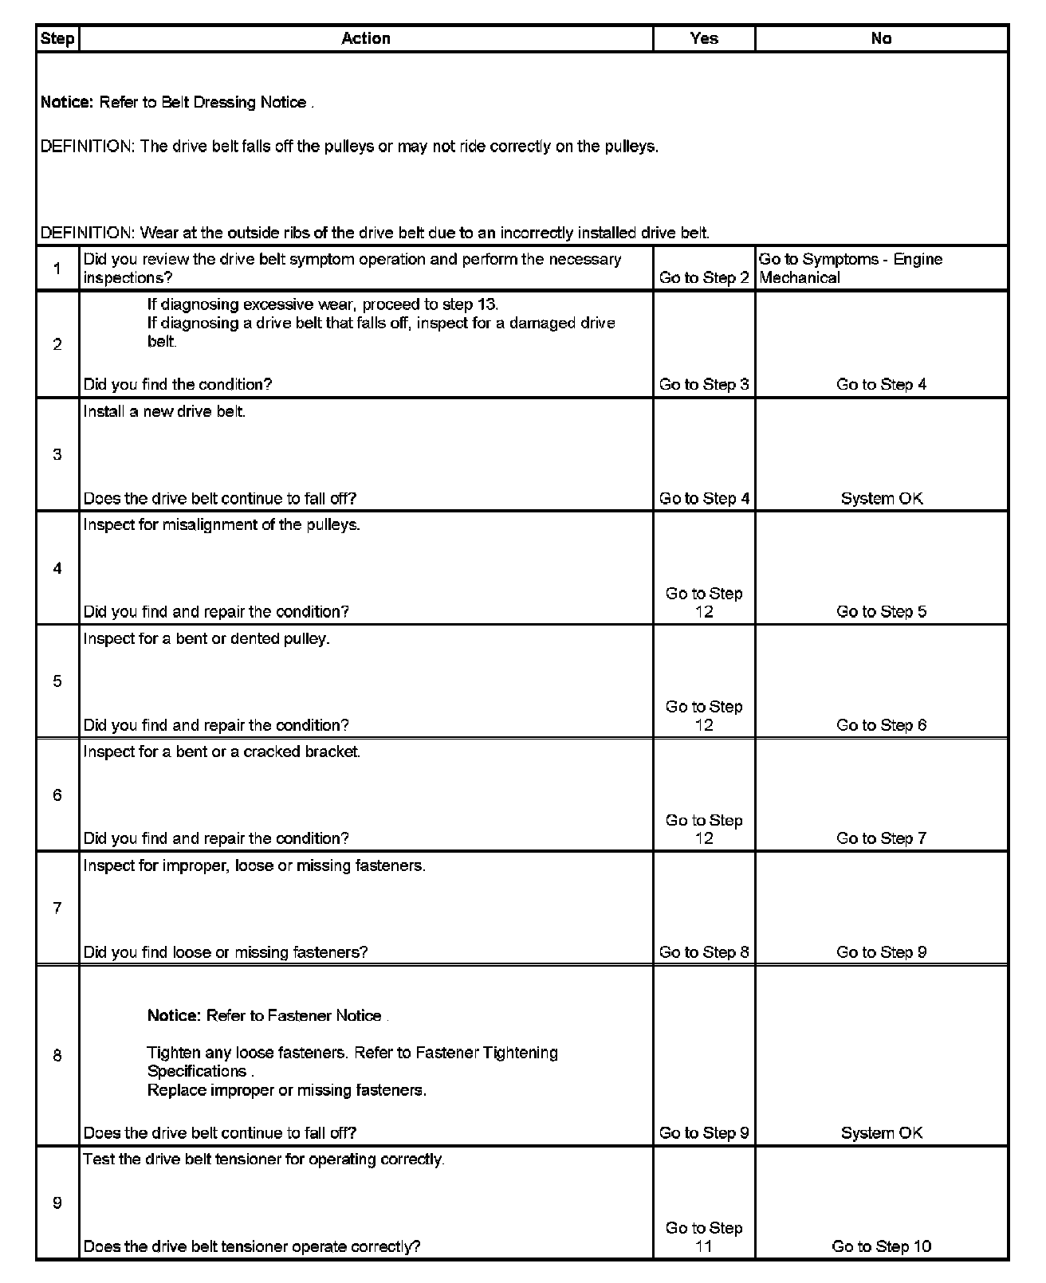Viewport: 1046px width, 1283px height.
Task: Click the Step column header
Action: pyautogui.click(x=57, y=38)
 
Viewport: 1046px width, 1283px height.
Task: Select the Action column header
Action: pyautogui.click(x=366, y=38)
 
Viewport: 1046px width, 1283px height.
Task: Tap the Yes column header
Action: pyautogui.click(x=704, y=38)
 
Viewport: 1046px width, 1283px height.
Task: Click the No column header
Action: pyautogui.click(x=881, y=38)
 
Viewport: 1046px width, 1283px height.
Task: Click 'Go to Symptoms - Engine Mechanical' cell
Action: pyautogui.click(x=850, y=269)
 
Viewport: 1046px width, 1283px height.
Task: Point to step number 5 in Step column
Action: pyautogui.click(x=57, y=681)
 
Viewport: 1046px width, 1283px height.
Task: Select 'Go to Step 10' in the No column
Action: pyautogui.click(x=881, y=1246)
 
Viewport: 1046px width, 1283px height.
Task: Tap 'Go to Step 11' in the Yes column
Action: pyautogui.click(x=704, y=1237)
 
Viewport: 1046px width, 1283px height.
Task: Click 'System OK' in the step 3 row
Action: pyautogui.click(x=881, y=499)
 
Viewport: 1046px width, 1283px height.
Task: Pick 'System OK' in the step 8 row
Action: pyautogui.click(x=881, y=1133)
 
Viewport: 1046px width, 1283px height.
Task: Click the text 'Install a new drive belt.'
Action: pyautogui.click(x=164, y=412)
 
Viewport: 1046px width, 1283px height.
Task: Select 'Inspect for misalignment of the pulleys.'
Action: pyautogui.click(x=222, y=525)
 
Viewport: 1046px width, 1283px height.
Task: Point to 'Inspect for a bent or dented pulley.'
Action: pyautogui.click(x=206, y=639)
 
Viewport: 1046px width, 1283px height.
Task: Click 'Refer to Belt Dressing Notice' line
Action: pyautogui.click(x=177, y=103)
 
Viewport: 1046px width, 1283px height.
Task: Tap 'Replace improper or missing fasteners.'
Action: pyautogui.click(x=287, y=1090)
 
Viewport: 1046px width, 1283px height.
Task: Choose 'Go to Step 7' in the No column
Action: pyautogui.click(x=881, y=838)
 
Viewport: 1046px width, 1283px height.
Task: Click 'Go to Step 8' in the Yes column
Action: pyautogui.click(x=704, y=952)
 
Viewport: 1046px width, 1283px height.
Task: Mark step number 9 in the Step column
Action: pyautogui.click(x=57, y=1203)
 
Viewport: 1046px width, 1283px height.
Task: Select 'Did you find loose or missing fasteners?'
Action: pyautogui.click(x=226, y=952)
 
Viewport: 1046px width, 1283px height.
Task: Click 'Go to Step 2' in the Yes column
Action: pyautogui.click(x=704, y=278)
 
